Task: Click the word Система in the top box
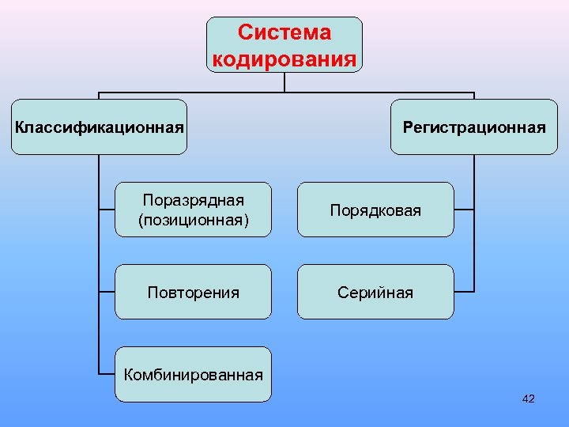(284, 33)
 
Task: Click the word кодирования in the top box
(284, 59)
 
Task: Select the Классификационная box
(100, 127)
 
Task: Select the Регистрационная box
(474, 127)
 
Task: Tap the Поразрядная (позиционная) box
(194, 210)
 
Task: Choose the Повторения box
(194, 292)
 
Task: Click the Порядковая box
(375, 210)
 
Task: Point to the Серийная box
(375, 292)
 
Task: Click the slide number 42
(529, 399)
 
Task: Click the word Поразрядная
(194, 200)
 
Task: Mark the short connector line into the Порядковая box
(465, 210)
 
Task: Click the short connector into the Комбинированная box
(107, 372)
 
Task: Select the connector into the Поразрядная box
(107, 210)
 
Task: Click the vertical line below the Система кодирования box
(284, 83)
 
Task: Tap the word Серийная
(375, 293)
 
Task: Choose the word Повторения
(194, 293)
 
